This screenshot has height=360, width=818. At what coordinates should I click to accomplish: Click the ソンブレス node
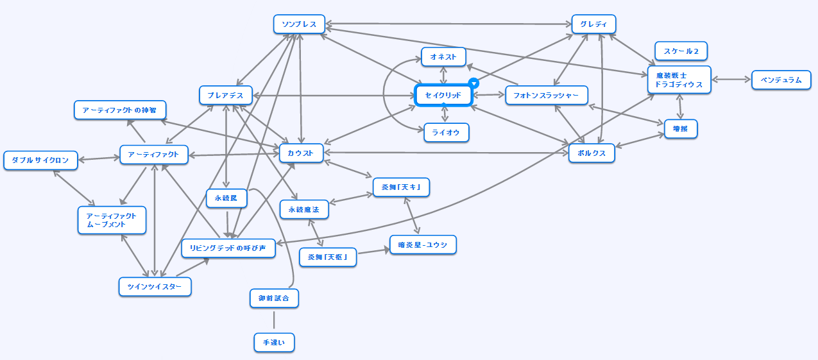pyautogui.click(x=299, y=24)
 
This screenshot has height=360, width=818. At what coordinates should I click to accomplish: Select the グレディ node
pyautogui.click(x=593, y=24)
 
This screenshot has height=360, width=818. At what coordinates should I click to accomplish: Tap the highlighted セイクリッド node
pyautogui.click(x=443, y=96)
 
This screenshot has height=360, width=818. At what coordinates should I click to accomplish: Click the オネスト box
pyautogui.click(x=443, y=57)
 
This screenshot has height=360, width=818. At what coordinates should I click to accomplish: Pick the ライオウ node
pyautogui.click(x=447, y=132)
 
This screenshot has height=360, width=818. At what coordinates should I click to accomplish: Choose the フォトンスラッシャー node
pyautogui.click(x=547, y=96)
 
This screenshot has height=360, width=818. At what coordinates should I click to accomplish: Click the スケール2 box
pyautogui.click(x=681, y=51)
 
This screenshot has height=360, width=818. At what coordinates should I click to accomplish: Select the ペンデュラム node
pyautogui.click(x=781, y=80)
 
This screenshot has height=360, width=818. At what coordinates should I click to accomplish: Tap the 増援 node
pyautogui.click(x=680, y=129)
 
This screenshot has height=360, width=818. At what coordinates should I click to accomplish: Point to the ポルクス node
pyautogui.click(x=592, y=153)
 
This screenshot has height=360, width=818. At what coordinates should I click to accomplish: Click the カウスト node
pyautogui.click(x=302, y=153)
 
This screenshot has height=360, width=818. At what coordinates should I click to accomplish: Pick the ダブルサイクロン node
pyautogui.click(x=40, y=160)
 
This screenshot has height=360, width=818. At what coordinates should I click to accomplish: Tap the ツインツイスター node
pyautogui.click(x=155, y=286)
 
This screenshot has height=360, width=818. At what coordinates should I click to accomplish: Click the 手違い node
pyautogui.click(x=274, y=343)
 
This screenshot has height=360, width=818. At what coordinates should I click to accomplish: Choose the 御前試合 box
pyautogui.click(x=274, y=298)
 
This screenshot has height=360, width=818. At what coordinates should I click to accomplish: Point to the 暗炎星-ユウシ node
pyautogui.click(x=422, y=245)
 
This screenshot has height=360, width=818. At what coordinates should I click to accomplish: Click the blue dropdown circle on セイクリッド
pyautogui.click(x=473, y=83)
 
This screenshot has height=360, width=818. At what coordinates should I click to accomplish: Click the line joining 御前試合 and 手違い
pyautogui.click(x=274, y=320)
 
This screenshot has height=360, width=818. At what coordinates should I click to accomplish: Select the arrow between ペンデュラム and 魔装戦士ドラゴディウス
pyautogui.click(x=731, y=80)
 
